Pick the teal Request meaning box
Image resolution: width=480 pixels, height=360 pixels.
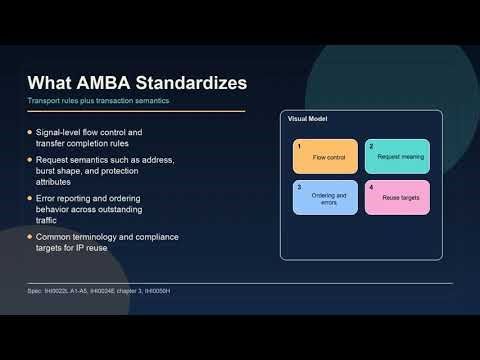(396, 157)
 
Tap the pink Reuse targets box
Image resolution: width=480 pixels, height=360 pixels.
(396, 197)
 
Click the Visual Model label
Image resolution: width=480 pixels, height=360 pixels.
(306, 119)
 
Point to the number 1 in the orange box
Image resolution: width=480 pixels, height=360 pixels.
(299, 146)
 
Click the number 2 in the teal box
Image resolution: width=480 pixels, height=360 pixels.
(371, 146)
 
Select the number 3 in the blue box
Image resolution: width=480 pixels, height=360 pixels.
(299, 186)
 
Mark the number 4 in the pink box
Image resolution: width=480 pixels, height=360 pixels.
(371, 186)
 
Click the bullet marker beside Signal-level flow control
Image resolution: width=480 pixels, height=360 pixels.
(29, 132)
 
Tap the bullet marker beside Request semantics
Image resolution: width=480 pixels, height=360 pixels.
(29, 159)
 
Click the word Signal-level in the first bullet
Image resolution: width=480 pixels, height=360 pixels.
(59, 132)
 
